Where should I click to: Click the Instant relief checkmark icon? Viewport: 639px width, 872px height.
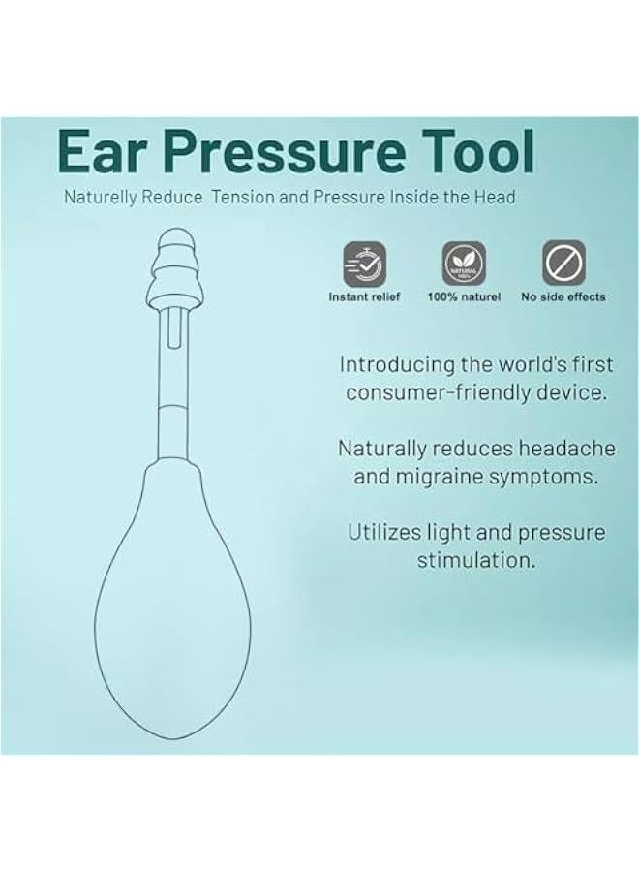[x=364, y=264]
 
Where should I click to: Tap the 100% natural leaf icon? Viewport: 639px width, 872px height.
[x=464, y=264]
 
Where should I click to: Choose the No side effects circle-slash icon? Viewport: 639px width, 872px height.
[x=563, y=264]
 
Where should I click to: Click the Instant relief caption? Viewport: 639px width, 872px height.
[x=364, y=296]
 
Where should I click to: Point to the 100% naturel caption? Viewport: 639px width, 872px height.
[x=464, y=296]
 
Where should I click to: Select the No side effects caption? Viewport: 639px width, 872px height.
[x=563, y=296]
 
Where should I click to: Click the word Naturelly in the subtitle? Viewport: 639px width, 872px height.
[x=105, y=197]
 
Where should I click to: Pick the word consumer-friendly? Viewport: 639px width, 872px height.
[x=435, y=392]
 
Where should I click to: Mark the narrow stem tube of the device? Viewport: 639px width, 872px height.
[x=175, y=388]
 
